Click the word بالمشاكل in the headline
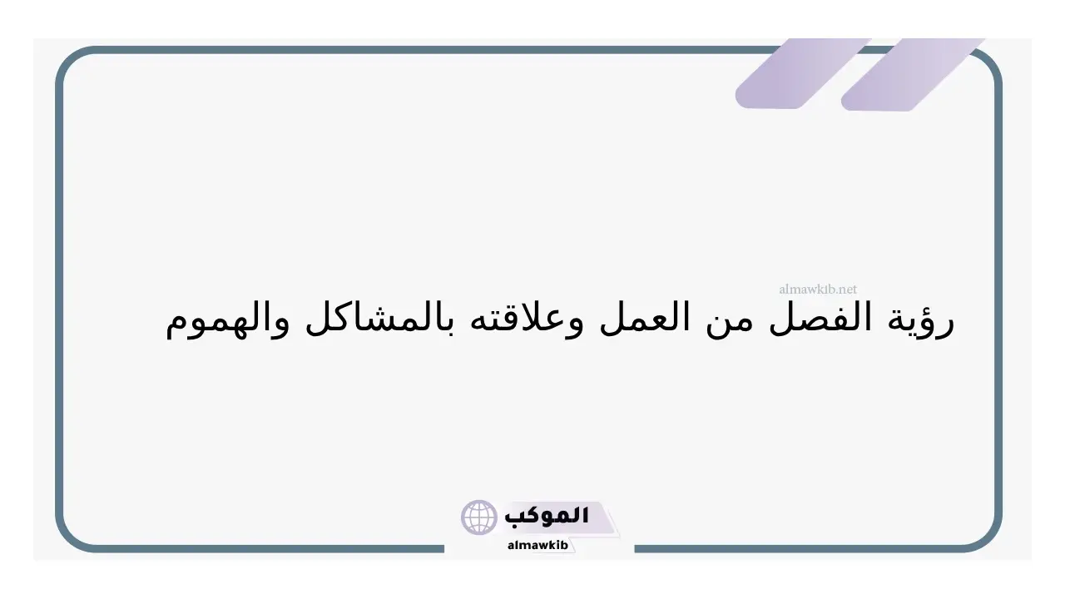(379, 319)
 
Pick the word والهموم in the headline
(227, 321)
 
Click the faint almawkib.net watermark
(818, 289)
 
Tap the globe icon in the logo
(478, 517)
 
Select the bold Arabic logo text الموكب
(547, 516)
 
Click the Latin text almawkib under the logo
(537, 545)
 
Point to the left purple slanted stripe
(804, 74)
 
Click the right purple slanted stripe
(913, 75)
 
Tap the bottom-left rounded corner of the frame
(69, 538)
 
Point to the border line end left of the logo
(443, 549)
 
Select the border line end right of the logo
(636, 549)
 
